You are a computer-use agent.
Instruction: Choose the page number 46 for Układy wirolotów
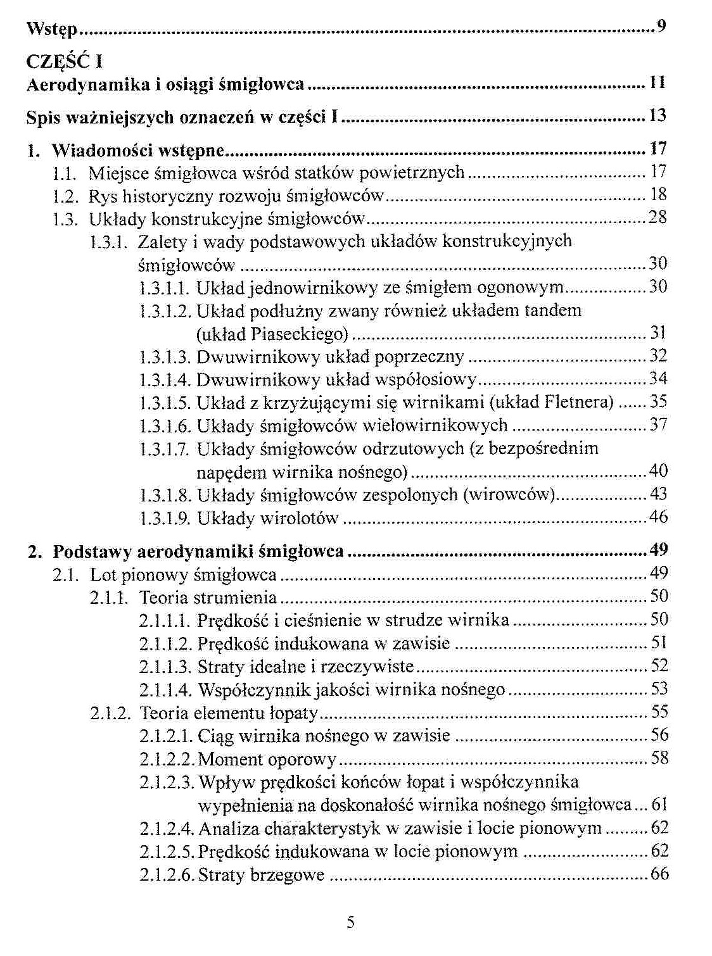[x=658, y=517]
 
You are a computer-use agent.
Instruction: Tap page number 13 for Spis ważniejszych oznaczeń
[x=658, y=116]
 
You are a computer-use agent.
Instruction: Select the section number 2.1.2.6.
[x=166, y=875]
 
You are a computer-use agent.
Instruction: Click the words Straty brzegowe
[x=261, y=875]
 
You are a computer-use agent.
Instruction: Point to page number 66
[x=659, y=874]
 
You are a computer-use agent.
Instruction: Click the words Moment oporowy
[x=267, y=759]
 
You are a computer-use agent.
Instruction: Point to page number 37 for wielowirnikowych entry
[x=658, y=425]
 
